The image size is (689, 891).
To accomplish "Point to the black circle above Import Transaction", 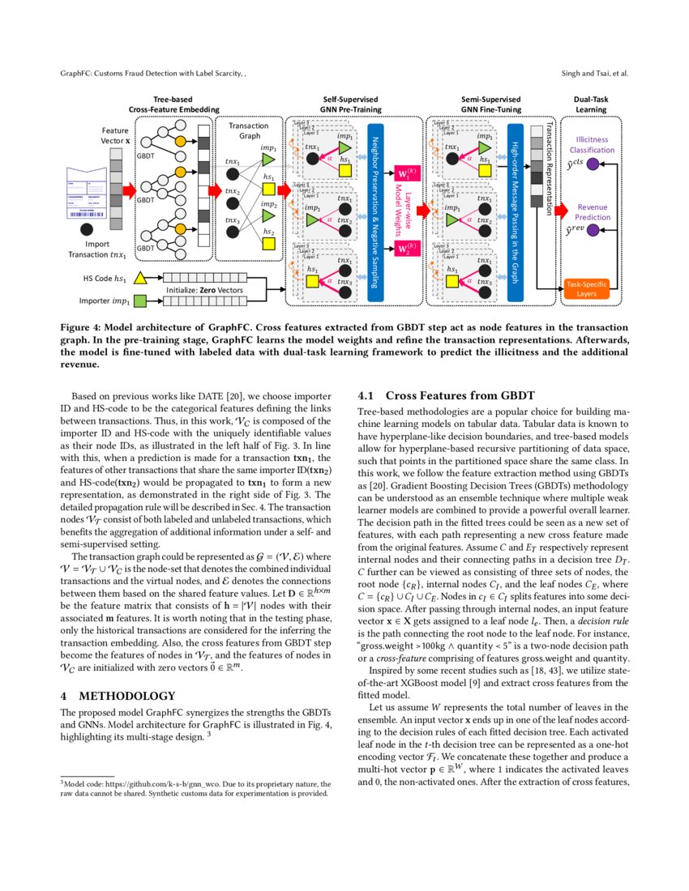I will pyautogui.click(x=91, y=224).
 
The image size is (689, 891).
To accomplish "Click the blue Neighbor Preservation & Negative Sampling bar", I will pyautogui.click(x=375, y=212).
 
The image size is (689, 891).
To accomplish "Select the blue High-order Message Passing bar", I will pyautogui.click(x=515, y=212).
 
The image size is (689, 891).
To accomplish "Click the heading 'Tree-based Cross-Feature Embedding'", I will pyautogui.click(x=168, y=104).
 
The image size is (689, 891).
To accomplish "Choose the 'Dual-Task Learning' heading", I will pyautogui.click(x=590, y=104).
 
